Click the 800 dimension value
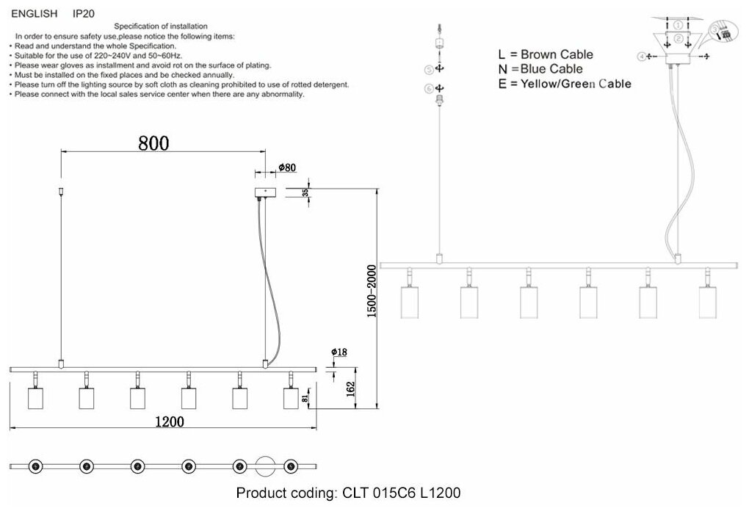[153, 143]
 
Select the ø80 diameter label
[286, 167]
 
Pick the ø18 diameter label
[339, 352]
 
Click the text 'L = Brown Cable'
[545, 54]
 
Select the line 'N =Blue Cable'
[540, 69]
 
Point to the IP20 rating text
[83, 13]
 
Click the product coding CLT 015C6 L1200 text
[348, 493]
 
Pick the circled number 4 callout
[641, 56]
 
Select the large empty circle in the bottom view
[265, 466]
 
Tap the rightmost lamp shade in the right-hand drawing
[706, 302]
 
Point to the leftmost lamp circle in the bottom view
[35, 466]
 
